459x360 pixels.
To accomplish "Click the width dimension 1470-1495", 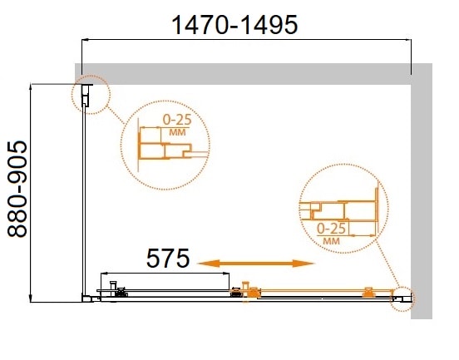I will tap(234, 25).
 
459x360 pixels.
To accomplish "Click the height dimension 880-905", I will tap(19, 190).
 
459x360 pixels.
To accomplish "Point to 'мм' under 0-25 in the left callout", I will tap(175, 132).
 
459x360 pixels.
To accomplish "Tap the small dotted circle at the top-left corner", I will tap(91, 95).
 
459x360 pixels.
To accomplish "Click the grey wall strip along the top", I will tap(249, 72).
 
